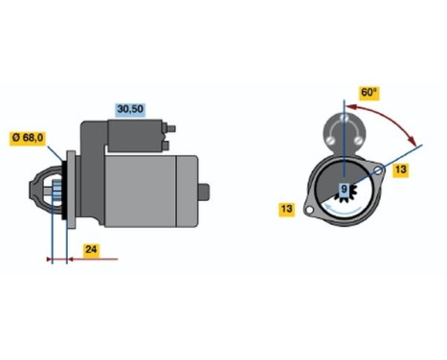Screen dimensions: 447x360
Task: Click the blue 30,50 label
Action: point(130,110)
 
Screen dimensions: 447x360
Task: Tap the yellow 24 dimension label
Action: point(92,252)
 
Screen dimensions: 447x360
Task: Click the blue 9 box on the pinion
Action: point(345,190)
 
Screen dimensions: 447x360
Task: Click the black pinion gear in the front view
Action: point(345,198)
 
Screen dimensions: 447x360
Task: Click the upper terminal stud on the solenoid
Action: point(173,128)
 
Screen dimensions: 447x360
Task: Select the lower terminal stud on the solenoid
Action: point(170,145)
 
